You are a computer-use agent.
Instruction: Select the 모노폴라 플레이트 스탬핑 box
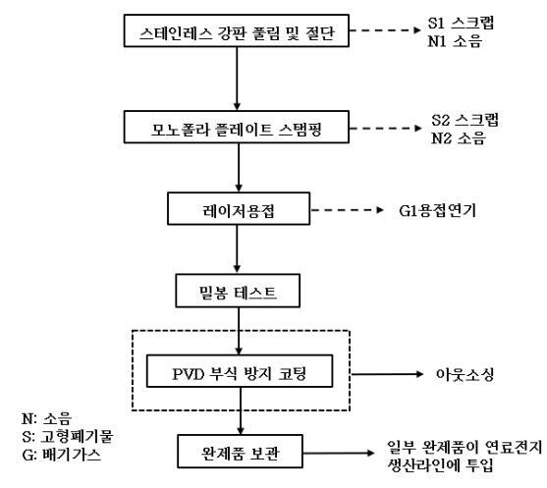(x=238, y=128)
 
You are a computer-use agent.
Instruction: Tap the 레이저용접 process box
(x=238, y=210)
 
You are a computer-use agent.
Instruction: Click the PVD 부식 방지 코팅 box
(x=238, y=373)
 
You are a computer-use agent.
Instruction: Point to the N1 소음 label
(x=468, y=42)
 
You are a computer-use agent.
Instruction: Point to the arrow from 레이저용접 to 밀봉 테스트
(x=238, y=251)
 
